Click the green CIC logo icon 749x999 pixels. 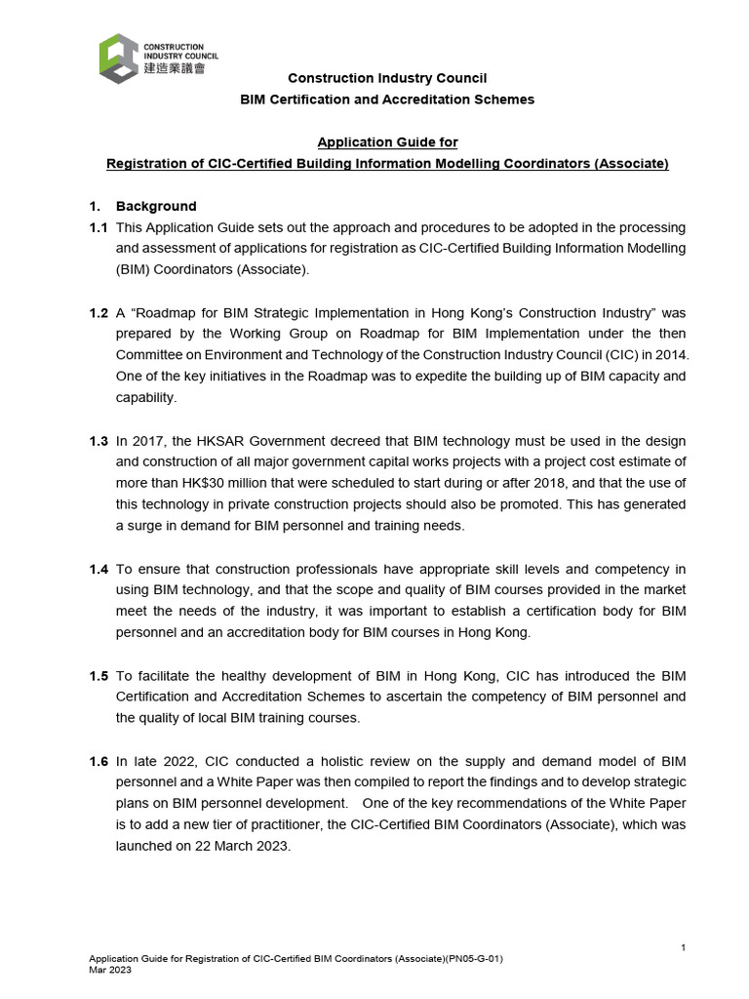[x=118, y=59]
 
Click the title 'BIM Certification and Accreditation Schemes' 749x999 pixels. [x=387, y=100]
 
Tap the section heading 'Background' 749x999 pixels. [x=156, y=206]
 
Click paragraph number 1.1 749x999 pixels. [x=99, y=227]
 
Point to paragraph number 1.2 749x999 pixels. [x=99, y=312]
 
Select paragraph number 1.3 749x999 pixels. [x=99, y=441]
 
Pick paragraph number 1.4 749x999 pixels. [x=99, y=569]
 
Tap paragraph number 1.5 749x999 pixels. [x=99, y=675]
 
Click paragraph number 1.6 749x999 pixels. [x=99, y=761]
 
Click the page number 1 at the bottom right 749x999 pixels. [x=684, y=948]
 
